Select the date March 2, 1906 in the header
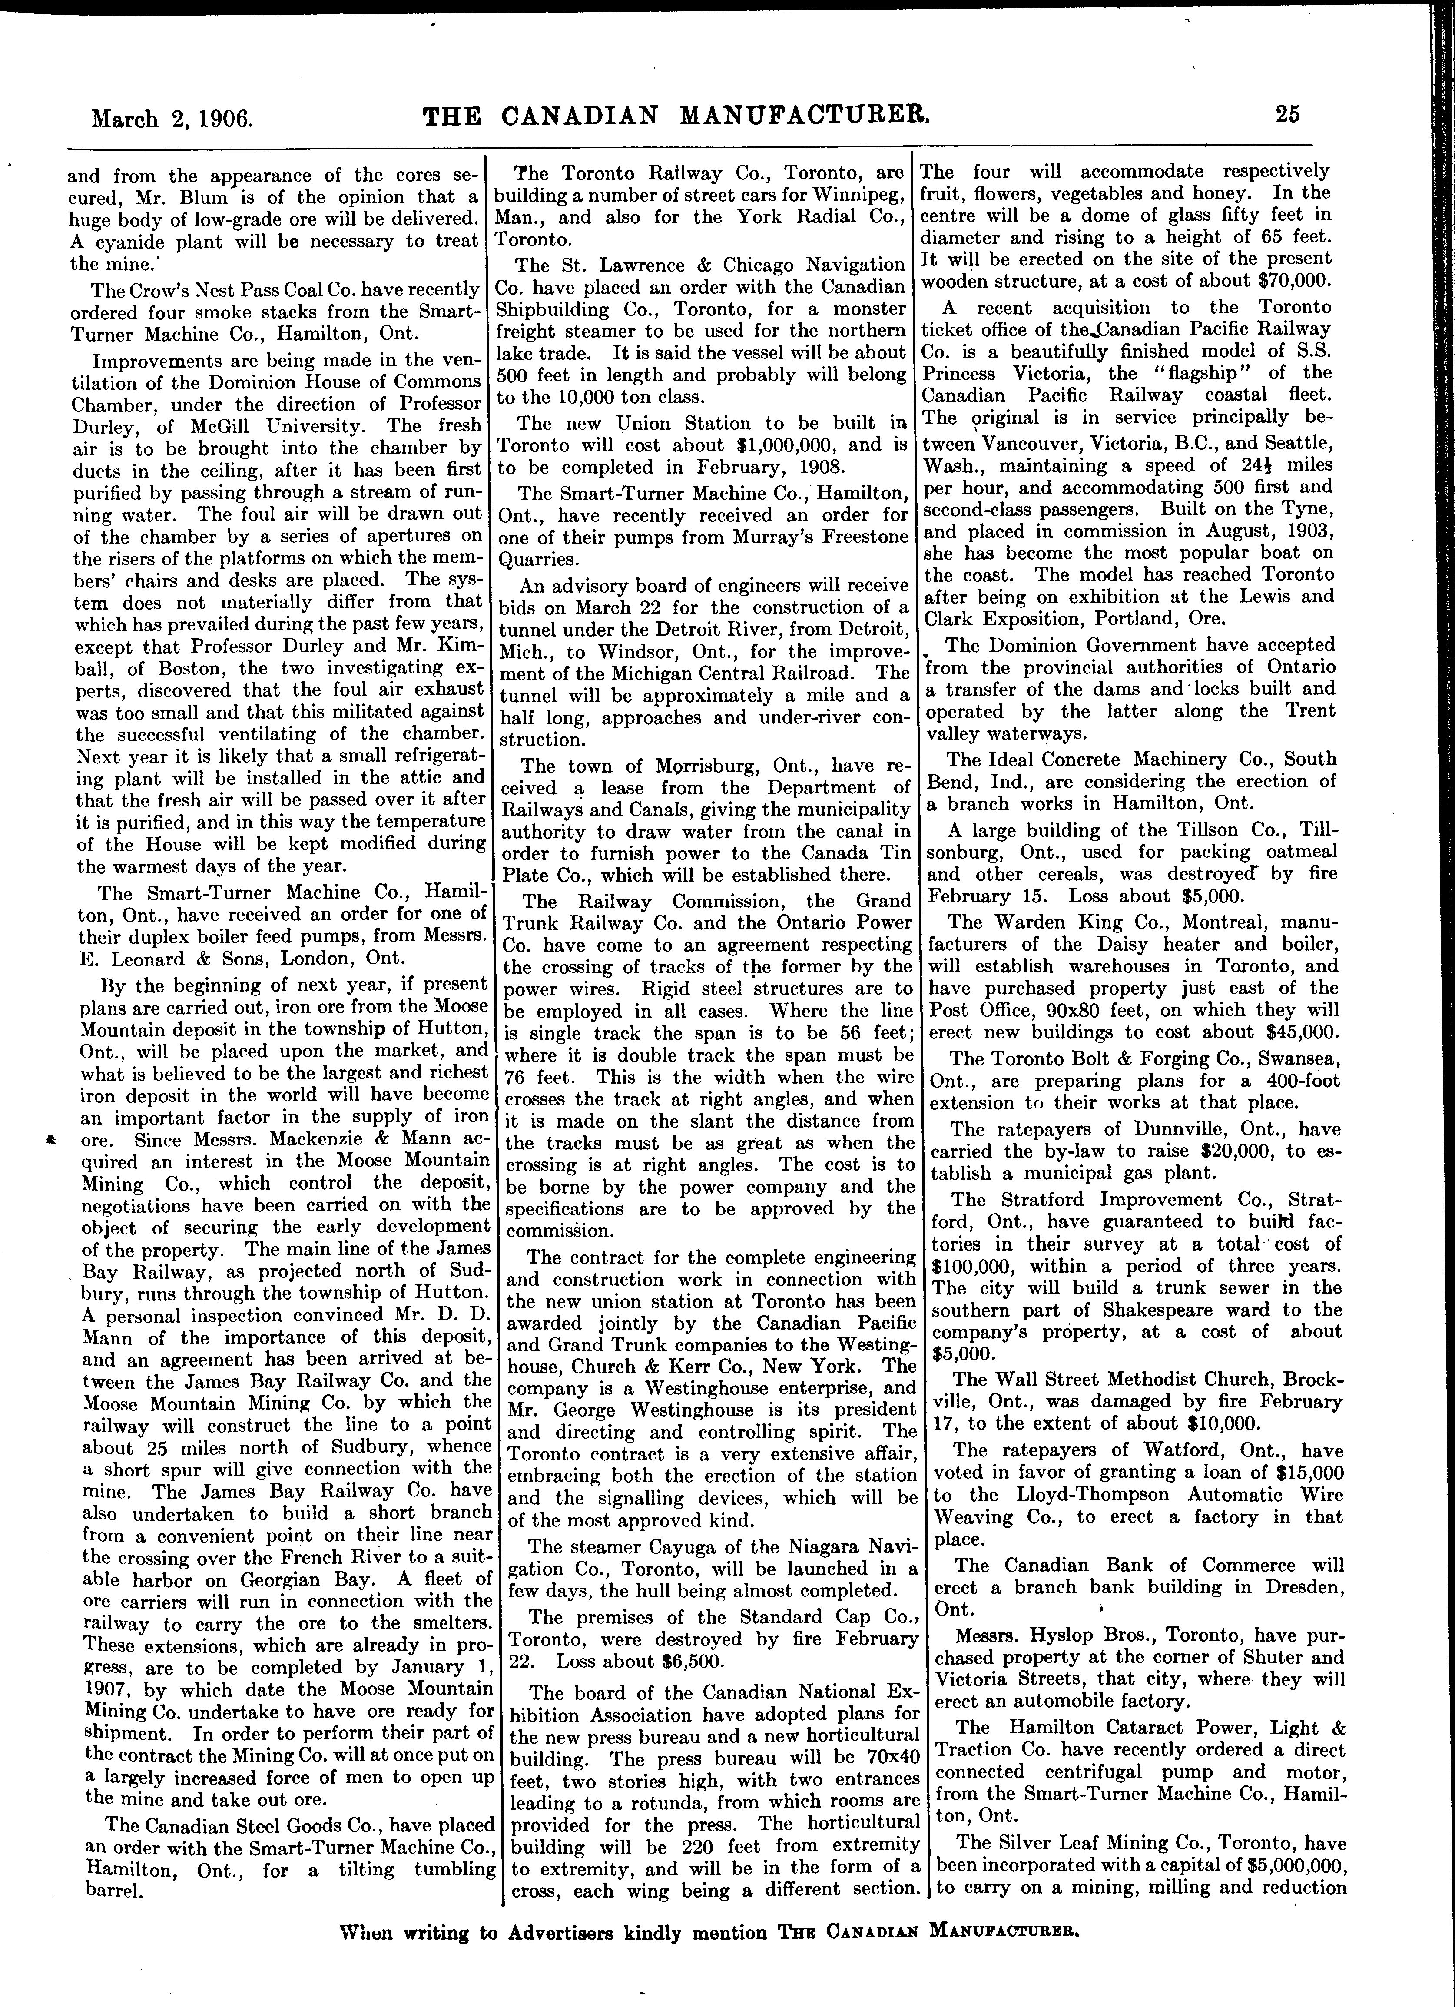(172, 117)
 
